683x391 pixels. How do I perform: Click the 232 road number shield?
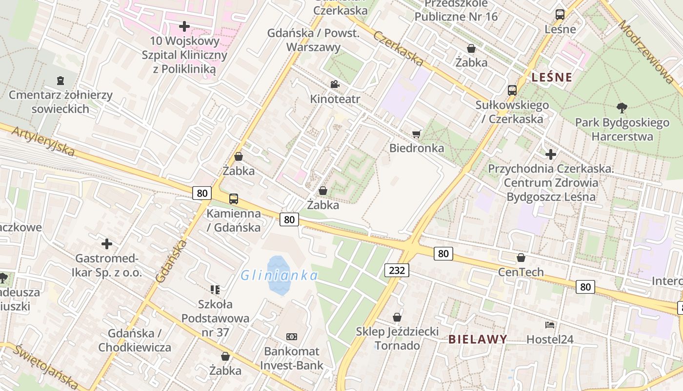(x=396, y=270)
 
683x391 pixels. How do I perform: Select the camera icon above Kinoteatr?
(x=335, y=84)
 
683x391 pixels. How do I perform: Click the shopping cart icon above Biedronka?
(x=416, y=134)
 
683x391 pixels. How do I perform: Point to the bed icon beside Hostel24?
(x=550, y=325)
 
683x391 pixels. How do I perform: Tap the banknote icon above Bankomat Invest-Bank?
(x=292, y=336)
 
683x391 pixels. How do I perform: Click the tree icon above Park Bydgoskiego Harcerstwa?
(x=622, y=108)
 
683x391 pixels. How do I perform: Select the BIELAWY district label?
(x=478, y=339)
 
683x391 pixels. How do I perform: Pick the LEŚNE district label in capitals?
(x=551, y=77)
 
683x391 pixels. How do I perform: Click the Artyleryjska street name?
(x=43, y=142)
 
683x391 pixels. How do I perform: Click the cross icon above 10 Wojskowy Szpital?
(x=184, y=26)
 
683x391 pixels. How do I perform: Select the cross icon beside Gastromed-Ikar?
(x=107, y=243)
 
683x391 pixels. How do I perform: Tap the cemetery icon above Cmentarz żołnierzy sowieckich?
(x=60, y=80)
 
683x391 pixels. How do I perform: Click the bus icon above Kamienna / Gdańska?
(x=234, y=199)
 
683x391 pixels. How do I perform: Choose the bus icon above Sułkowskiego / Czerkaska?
(x=512, y=90)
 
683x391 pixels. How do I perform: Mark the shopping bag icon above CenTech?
(x=521, y=258)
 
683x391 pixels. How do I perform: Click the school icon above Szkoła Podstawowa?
(x=215, y=290)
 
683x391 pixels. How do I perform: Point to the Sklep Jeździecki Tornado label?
(x=397, y=339)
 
